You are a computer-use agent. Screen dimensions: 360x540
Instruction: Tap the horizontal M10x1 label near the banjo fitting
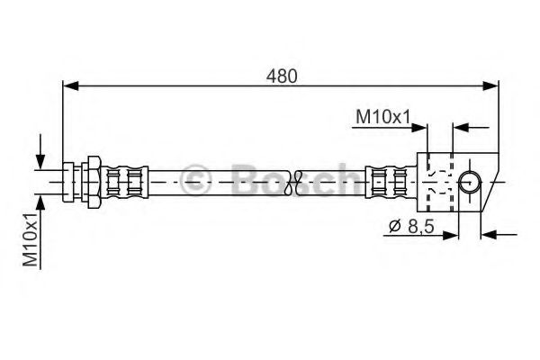click(x=382, y=115)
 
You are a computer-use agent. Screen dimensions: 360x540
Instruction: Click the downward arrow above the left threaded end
click(x=40, y=160)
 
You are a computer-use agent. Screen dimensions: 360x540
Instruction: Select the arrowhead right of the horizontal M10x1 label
click(x=421, y=129)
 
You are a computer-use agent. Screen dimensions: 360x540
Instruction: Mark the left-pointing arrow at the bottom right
click(x=491, y=237)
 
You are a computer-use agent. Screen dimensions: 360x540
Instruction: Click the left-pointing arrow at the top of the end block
click(x=460, y=129)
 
